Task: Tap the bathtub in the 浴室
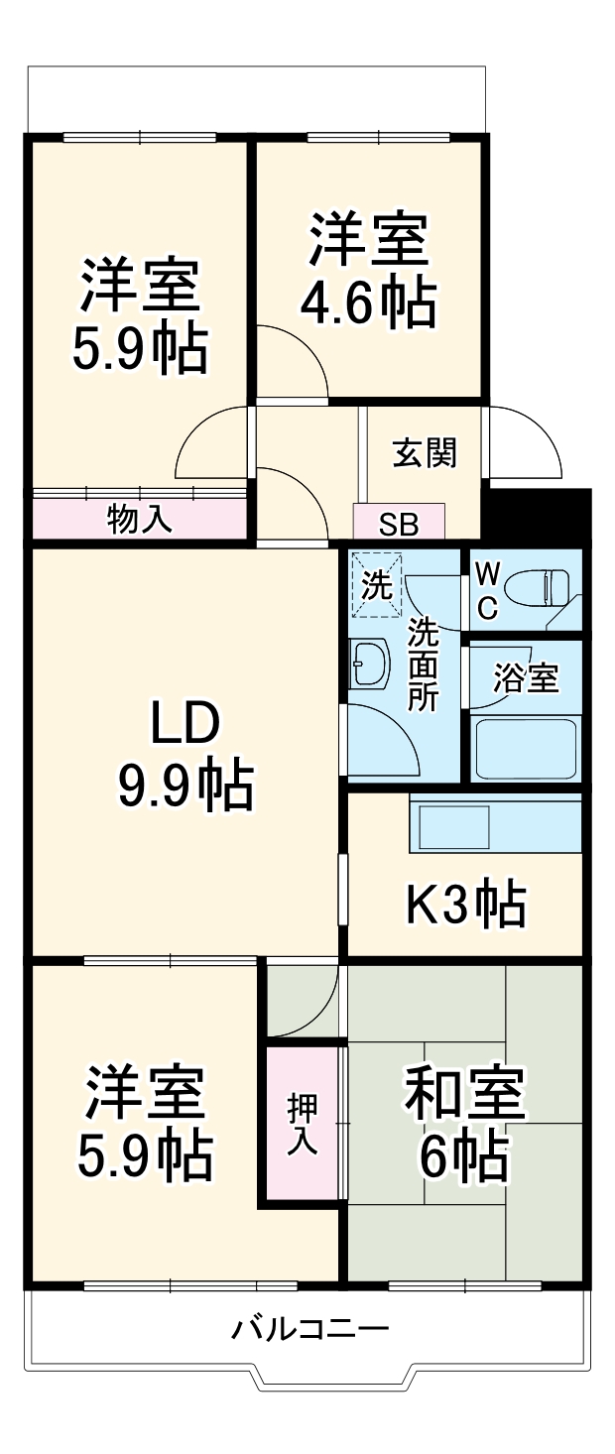coord(526,748)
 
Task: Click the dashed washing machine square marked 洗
coord(376,584)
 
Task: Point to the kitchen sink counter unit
coord(495,823)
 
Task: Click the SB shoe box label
coord(399,523)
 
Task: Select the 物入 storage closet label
coord(140,518)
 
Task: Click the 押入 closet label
coord(303,1123)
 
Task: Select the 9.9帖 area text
coord(185,786)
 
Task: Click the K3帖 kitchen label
coord(465,904)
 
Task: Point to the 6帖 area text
coord(462,1155)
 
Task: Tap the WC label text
coord(486,591)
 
